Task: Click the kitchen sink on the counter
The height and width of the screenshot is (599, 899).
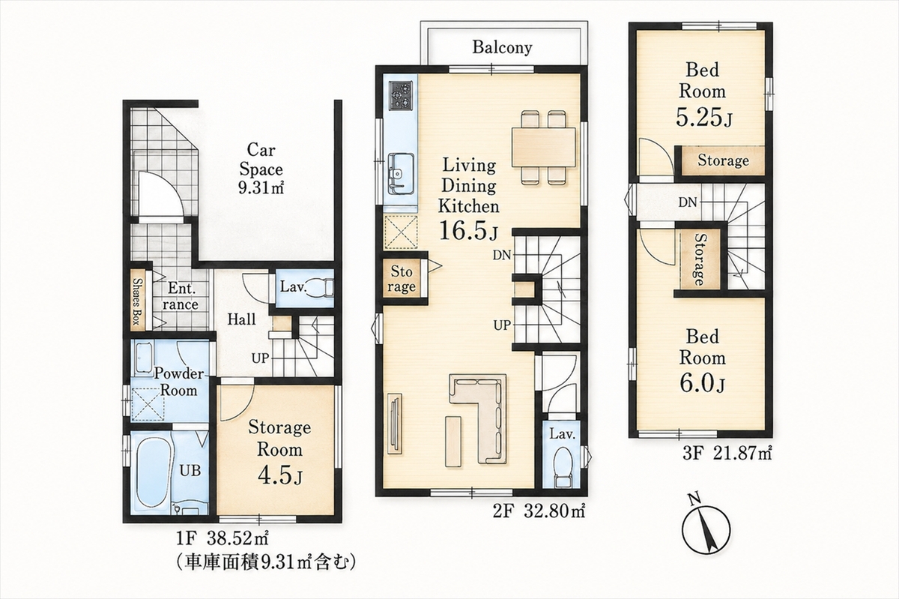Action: (x=401, y=172)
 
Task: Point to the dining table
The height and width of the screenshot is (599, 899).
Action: (x=544, y=147)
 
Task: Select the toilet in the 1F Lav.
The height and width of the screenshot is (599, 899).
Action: (x=321, y=288)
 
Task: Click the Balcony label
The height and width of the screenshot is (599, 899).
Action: (x=502, y=47)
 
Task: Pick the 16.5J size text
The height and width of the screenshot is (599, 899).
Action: (x=468, y=230)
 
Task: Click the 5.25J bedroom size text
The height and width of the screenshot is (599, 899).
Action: (x=704, y=117)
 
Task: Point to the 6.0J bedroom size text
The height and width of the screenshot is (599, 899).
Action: (x=703, y=382)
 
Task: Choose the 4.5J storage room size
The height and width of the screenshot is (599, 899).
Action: (x=279, y=475)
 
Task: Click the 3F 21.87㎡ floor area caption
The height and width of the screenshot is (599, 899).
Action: (x=727, y=454)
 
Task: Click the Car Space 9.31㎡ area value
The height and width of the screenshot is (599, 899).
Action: (x=261, y=187)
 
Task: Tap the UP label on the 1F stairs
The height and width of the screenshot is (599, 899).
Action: (x=260, y=358)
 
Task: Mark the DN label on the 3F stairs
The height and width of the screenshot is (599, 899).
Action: (x=688, y=202)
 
